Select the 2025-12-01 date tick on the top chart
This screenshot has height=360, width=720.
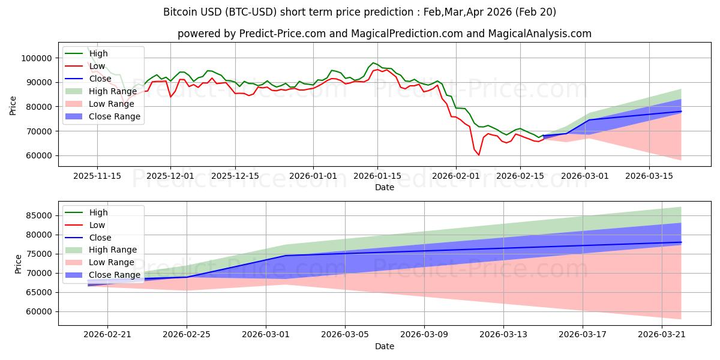click(170, 176)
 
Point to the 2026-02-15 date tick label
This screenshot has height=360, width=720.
click(520, 176)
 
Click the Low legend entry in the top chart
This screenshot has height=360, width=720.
click(97, 66)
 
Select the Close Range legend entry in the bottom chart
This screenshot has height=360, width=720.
click(114, 275)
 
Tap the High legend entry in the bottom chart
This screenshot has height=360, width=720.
click(98, 212)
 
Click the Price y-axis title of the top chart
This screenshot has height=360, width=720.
click(13, 106)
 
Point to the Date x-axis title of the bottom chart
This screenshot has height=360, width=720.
click(384, 346)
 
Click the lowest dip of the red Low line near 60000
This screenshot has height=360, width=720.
click(478, 155)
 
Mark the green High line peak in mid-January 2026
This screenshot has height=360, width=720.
click(373, 62)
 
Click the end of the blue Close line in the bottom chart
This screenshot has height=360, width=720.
click(681, 242)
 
